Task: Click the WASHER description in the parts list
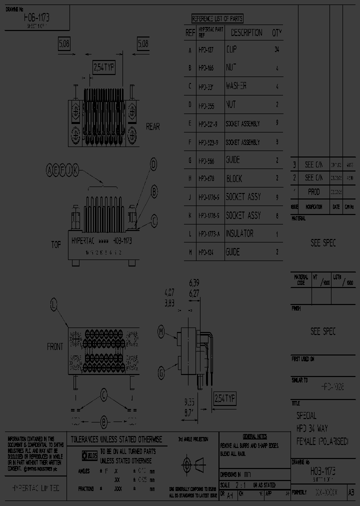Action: click(x=236, y=86)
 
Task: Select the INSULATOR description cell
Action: click(x=239, y=233)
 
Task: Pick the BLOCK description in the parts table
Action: click(x=234, y=178)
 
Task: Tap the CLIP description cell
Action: click(x=231, y=49)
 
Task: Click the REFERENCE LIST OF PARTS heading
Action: click(x=217, y=19)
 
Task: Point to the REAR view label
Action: click(x=153, y=126)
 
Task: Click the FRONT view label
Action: click(x=55, y=346)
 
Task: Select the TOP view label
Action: click(x=56, y=244)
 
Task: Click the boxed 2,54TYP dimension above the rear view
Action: click(x=105, y=67)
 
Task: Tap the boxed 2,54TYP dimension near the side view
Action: click(x=224, y=398)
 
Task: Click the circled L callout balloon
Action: click(x=54, y=303)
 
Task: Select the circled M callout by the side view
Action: click(x=161, y=331)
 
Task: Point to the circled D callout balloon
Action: click(x=154, y=164)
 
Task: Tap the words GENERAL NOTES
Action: click(x=254, y=436)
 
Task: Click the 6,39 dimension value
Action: click(x=194, y=282)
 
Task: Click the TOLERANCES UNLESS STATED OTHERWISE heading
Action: click(x=116, y=439)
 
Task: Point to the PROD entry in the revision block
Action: click(x=313, y=192)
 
